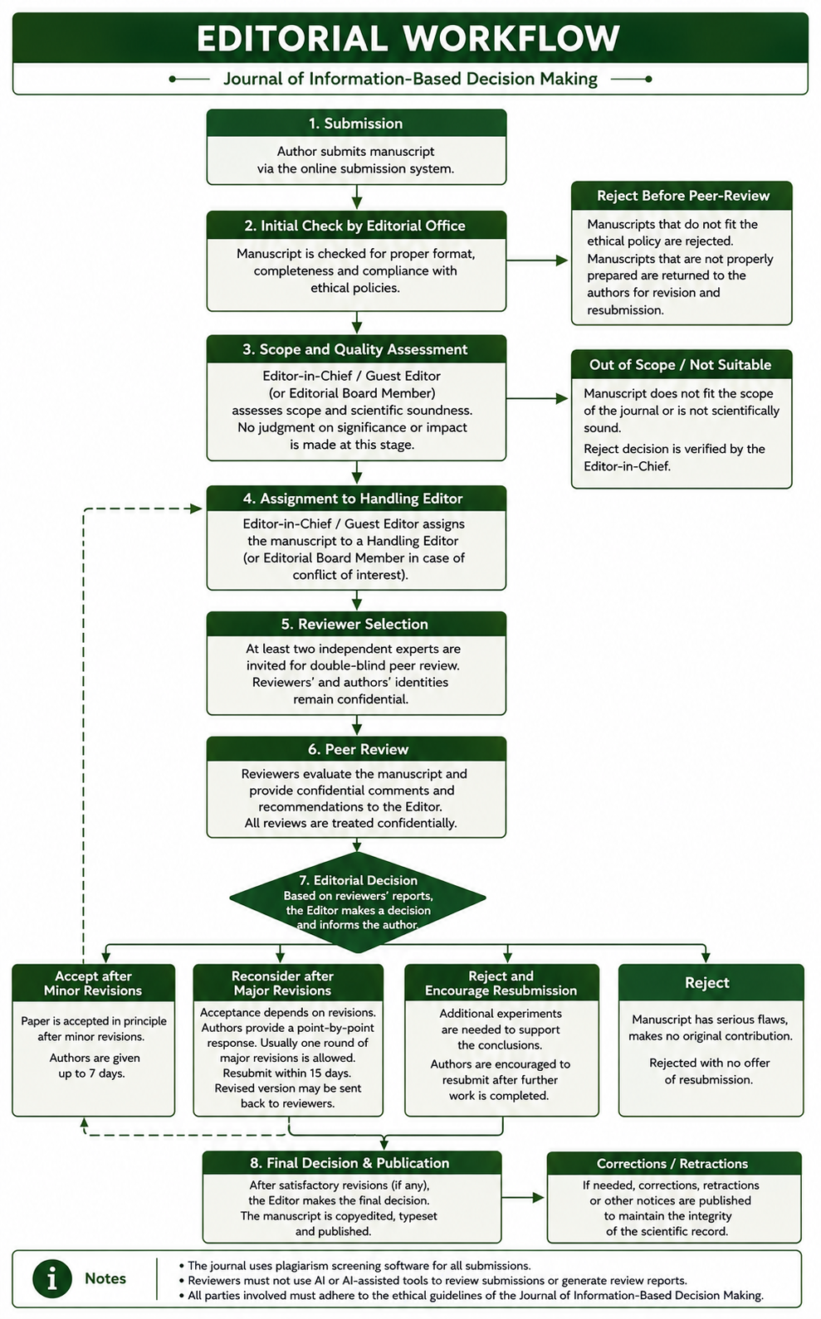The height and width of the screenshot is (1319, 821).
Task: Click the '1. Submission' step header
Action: (x=356, y=123)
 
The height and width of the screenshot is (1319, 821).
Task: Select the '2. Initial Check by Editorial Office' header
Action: (x=356, y=226)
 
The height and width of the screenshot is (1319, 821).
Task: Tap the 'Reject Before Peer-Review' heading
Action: (x=682, y=196)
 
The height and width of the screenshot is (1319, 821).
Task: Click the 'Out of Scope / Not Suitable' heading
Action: (x=682, y=364)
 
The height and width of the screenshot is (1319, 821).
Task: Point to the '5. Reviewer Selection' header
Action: (x=356, y=624)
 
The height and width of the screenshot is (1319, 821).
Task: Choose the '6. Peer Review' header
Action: (x=356, y=749)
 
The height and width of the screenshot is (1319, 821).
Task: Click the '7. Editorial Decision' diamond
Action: (x=358, y=902)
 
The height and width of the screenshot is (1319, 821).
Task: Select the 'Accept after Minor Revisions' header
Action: (x=94, y=983)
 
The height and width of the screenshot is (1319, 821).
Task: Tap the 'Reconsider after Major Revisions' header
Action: (x=288, y=983)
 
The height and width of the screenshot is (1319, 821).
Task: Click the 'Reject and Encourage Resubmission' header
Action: (x=501, y=983)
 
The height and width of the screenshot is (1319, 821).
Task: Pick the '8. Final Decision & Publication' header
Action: (x=352, y=1163)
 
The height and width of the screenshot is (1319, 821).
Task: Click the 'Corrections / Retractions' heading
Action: (x=674, y=1164)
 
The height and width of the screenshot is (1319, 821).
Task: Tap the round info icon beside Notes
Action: (x=52, y=1278)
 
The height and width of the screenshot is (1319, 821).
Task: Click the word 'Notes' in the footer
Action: (x=105, y=1278)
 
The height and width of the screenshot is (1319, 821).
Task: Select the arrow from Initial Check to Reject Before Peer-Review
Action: (x=537, y=260)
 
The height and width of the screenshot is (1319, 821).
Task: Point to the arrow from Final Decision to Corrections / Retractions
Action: (x=523, y=1197)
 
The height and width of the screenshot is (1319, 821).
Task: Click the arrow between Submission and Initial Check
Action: (x=357, y=197)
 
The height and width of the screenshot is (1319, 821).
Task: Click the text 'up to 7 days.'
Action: (x=91, y=1073)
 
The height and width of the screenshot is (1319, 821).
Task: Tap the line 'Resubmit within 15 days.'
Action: (x=287, y=1073)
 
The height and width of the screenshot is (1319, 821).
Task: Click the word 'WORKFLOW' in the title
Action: (x=511, y=38)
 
